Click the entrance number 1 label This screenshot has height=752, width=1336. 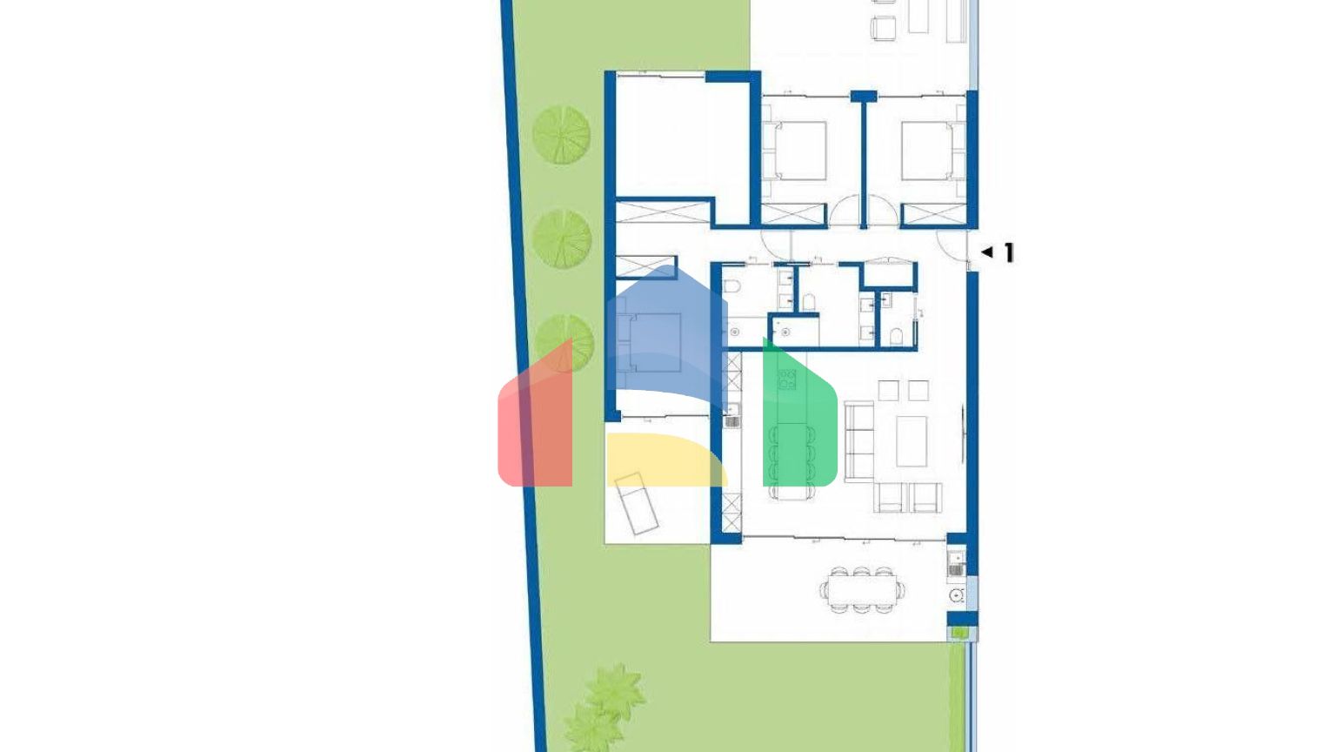pos(1009,252)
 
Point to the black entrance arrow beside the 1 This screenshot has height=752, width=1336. pos(987,252)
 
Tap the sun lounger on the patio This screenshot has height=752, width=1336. pos(637,503)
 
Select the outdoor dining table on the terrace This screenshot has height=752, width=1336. pos(862,589)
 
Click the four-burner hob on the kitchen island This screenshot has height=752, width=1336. pos(786,379)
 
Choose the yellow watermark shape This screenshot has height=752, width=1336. pos(666,460)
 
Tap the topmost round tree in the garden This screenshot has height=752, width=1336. pos(561,135)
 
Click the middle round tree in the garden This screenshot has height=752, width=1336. pos(562,238)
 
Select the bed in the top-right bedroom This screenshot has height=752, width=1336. pos(928,151)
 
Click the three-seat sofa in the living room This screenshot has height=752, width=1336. pos(859,441)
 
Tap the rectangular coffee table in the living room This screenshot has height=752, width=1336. pos(912,441)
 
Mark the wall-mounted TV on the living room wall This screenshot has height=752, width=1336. pos(963,434)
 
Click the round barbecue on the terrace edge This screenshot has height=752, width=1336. pos(957,595)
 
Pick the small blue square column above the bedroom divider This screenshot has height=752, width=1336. pos(864,96)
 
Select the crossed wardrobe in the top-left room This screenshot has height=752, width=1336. pos(663,212)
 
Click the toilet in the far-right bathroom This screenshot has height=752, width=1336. pos(897,337)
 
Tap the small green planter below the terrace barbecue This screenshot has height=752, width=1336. pos(959,633)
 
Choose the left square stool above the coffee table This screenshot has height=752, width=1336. pos(888,391)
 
